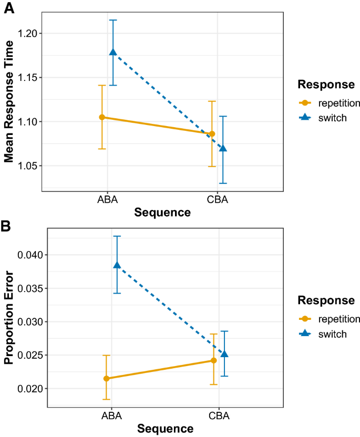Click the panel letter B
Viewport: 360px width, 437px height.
7,226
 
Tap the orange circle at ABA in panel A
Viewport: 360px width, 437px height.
102,117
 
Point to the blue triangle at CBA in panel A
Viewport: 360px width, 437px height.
223,148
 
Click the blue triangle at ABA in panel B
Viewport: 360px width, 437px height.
117,265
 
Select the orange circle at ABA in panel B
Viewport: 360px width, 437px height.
106,378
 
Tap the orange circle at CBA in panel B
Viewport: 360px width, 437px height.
214,360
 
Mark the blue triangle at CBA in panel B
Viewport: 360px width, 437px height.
224,354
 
